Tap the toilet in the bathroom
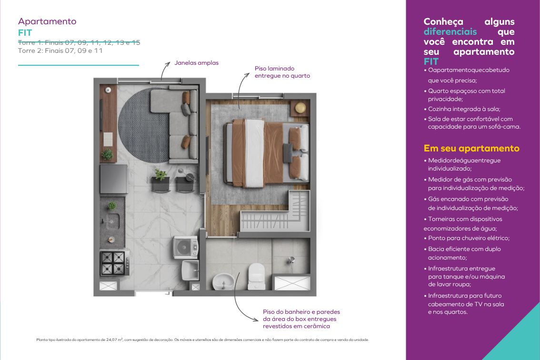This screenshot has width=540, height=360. point(257,276)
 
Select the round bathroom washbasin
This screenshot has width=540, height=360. point(223,281)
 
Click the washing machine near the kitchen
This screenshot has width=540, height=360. point(185,247)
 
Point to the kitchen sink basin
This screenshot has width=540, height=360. point(111,221)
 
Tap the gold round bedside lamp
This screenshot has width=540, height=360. point(300,108)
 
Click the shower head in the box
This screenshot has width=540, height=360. point(291,261)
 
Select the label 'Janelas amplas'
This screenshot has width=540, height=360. point(196,63)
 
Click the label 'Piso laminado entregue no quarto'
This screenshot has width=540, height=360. point(282,72)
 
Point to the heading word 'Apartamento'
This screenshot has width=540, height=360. point(47,21)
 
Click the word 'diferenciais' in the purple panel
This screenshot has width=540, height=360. point(450,32)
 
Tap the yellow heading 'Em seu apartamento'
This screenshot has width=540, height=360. point(471,149)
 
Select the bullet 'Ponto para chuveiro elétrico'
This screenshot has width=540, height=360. point(469,238)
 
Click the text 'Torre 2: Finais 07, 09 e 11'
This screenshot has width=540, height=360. point(60,50)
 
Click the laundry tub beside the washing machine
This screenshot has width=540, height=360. point(190,270)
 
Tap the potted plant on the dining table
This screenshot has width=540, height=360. point(160,175)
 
